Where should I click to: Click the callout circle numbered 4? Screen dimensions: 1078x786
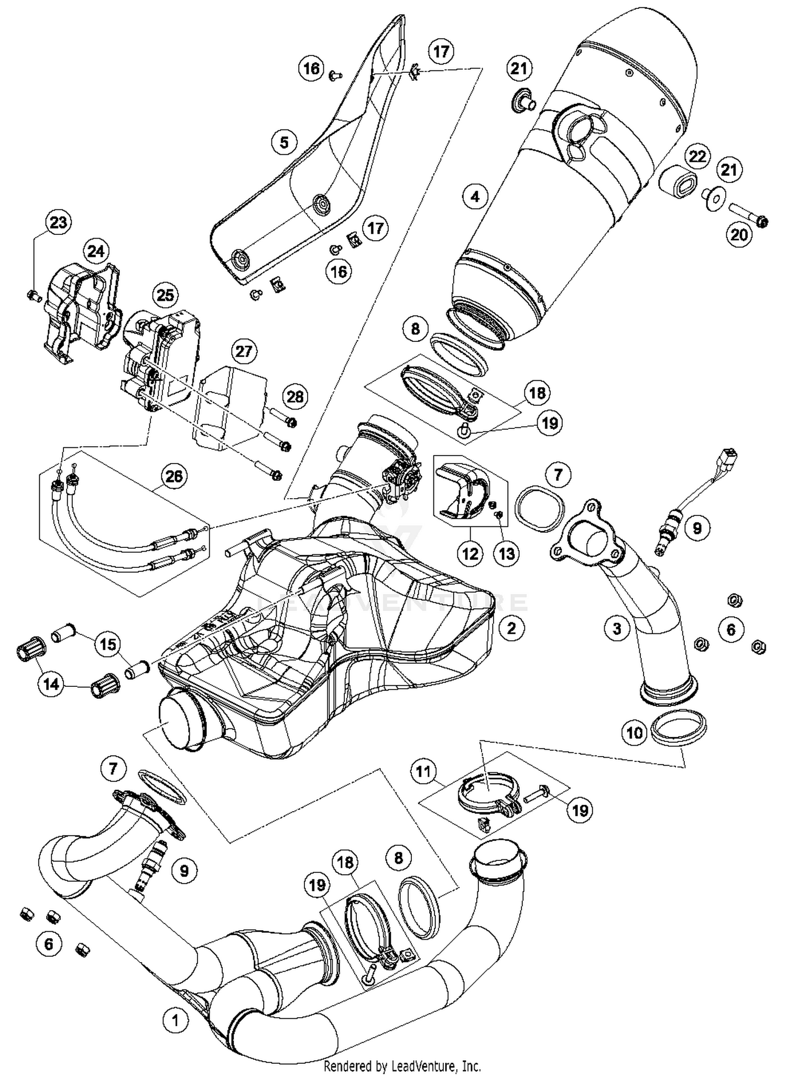[x=475, y=197]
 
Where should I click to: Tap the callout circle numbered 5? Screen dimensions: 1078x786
[x=285, y=142]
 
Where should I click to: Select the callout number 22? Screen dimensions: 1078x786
[x=697, y=156]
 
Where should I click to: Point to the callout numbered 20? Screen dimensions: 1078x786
[x=739, y=234]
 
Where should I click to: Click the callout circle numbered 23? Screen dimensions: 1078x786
[x=58, y=222]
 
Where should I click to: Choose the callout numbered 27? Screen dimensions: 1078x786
[x=244, y=351]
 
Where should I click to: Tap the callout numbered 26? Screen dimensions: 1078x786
[x=174, y=476]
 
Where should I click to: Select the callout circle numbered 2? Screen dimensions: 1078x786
[x=511, y=628]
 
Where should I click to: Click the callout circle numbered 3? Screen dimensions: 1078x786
[x=617, y=628]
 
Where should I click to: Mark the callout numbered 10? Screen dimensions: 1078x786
[x=635, y=732]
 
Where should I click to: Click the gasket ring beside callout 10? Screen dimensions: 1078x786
[x=678, y=727]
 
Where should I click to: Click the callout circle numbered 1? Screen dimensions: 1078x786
[x=175, y=1020]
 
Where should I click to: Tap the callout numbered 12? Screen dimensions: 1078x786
[x=470, y=553]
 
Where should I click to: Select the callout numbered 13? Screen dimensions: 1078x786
[x=507, y=553]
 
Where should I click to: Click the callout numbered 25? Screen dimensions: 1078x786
[x=165, y=295]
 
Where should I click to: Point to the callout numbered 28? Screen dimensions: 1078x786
[x=295, y=396]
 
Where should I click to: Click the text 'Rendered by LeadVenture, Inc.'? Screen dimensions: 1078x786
[x=402, y=1066]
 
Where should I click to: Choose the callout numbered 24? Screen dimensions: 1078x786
[x=95, y=252]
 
